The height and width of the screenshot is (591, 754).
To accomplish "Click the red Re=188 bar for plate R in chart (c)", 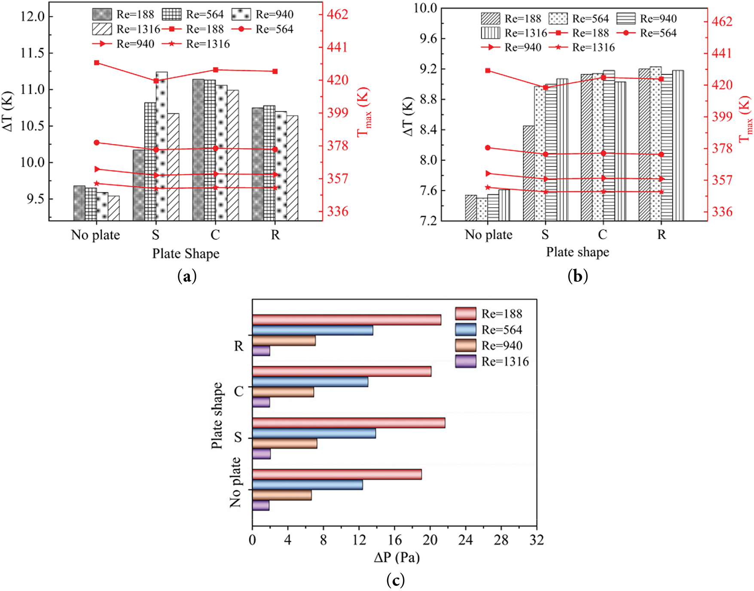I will click(346, 320).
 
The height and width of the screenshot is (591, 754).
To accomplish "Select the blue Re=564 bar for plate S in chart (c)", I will click(314, 433).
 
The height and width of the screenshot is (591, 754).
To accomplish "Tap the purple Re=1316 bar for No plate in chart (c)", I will click(261, 505).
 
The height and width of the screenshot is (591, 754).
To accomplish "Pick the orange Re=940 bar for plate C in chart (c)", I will click(283, 392).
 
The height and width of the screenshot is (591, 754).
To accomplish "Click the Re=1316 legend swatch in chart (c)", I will click(465, 361).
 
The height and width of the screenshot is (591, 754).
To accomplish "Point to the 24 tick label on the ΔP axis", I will click(465, 540).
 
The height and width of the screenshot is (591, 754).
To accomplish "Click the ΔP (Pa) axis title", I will click(397, 557).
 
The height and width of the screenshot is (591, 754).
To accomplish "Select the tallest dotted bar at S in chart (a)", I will click(162, 146).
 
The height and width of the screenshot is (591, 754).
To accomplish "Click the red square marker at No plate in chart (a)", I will click(97, 63).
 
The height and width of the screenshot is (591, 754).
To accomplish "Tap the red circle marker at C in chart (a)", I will click(216, 148).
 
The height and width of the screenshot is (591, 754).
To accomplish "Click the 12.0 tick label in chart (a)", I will click(32, 17).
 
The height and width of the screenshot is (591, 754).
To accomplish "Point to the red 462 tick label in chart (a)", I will click(338, 14).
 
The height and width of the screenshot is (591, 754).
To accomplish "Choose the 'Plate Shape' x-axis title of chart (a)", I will click(186, 253).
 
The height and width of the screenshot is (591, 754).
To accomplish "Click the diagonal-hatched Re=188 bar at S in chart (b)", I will click(528, 173).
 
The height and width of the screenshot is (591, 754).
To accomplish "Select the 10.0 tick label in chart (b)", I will click(425, 8).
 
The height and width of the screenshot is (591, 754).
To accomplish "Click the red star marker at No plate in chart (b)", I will click(488, 187).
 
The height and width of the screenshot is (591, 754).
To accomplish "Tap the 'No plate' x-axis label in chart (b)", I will click(488, 235).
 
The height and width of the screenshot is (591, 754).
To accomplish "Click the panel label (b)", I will click(577, 276).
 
